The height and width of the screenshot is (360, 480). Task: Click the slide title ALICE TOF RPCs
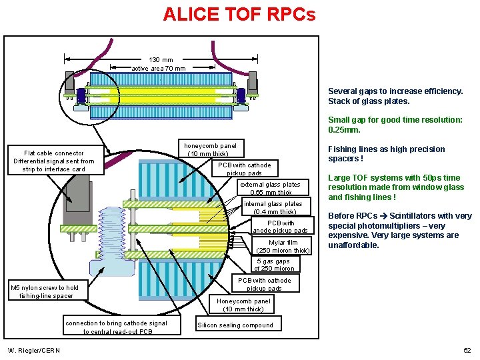(x=239, y=14)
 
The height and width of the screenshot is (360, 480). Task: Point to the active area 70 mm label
(x=159, y=68)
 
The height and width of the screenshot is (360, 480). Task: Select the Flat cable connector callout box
(x=54, y=161)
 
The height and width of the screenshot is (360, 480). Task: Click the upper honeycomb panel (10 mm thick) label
(x=209, y=149)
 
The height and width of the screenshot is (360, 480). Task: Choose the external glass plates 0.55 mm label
(x=270, y=188)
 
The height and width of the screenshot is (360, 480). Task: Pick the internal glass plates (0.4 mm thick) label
(x=273, y=207)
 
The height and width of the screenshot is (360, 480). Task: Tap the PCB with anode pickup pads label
(x=280, y=227)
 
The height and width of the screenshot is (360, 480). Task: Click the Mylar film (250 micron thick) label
(x=283, y=246)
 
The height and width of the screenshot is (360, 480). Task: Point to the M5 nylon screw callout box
(x=45, y=291)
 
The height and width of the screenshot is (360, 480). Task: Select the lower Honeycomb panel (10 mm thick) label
(x=243, y=305)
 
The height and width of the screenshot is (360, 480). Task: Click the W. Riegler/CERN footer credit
(x=34, y=351)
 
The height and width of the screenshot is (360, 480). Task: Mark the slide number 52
(x=467, y=351)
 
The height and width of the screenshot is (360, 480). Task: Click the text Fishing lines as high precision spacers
(x=386, y=154)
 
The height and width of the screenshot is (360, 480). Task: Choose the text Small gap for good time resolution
(x=395, y=125)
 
